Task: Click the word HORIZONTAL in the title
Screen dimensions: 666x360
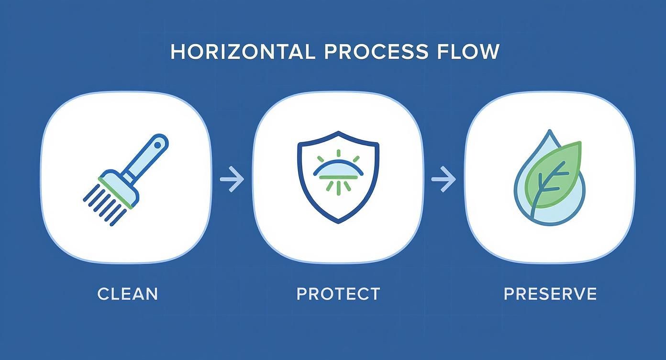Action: coord(243,52)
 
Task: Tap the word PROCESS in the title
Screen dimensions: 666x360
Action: coord(376,52)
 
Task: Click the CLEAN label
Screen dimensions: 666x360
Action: coord(128,294)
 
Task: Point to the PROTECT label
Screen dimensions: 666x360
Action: coord(338,294)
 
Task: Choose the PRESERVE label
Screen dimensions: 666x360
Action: coord(550,294)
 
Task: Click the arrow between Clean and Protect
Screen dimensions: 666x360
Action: coord(232,179)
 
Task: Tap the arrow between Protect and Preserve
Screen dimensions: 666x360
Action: coord(444,179)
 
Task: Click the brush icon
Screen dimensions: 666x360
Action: coord(126,180)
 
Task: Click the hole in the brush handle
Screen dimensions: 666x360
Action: coord(158,145)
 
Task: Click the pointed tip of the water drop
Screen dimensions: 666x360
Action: coord(549,130)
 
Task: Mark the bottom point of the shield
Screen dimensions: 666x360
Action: coord(339,223)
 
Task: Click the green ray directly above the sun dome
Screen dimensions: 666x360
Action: coord(338,153)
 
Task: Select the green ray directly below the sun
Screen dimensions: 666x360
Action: coord(338,190)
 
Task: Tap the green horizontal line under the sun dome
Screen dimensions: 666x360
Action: coord(338,178)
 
